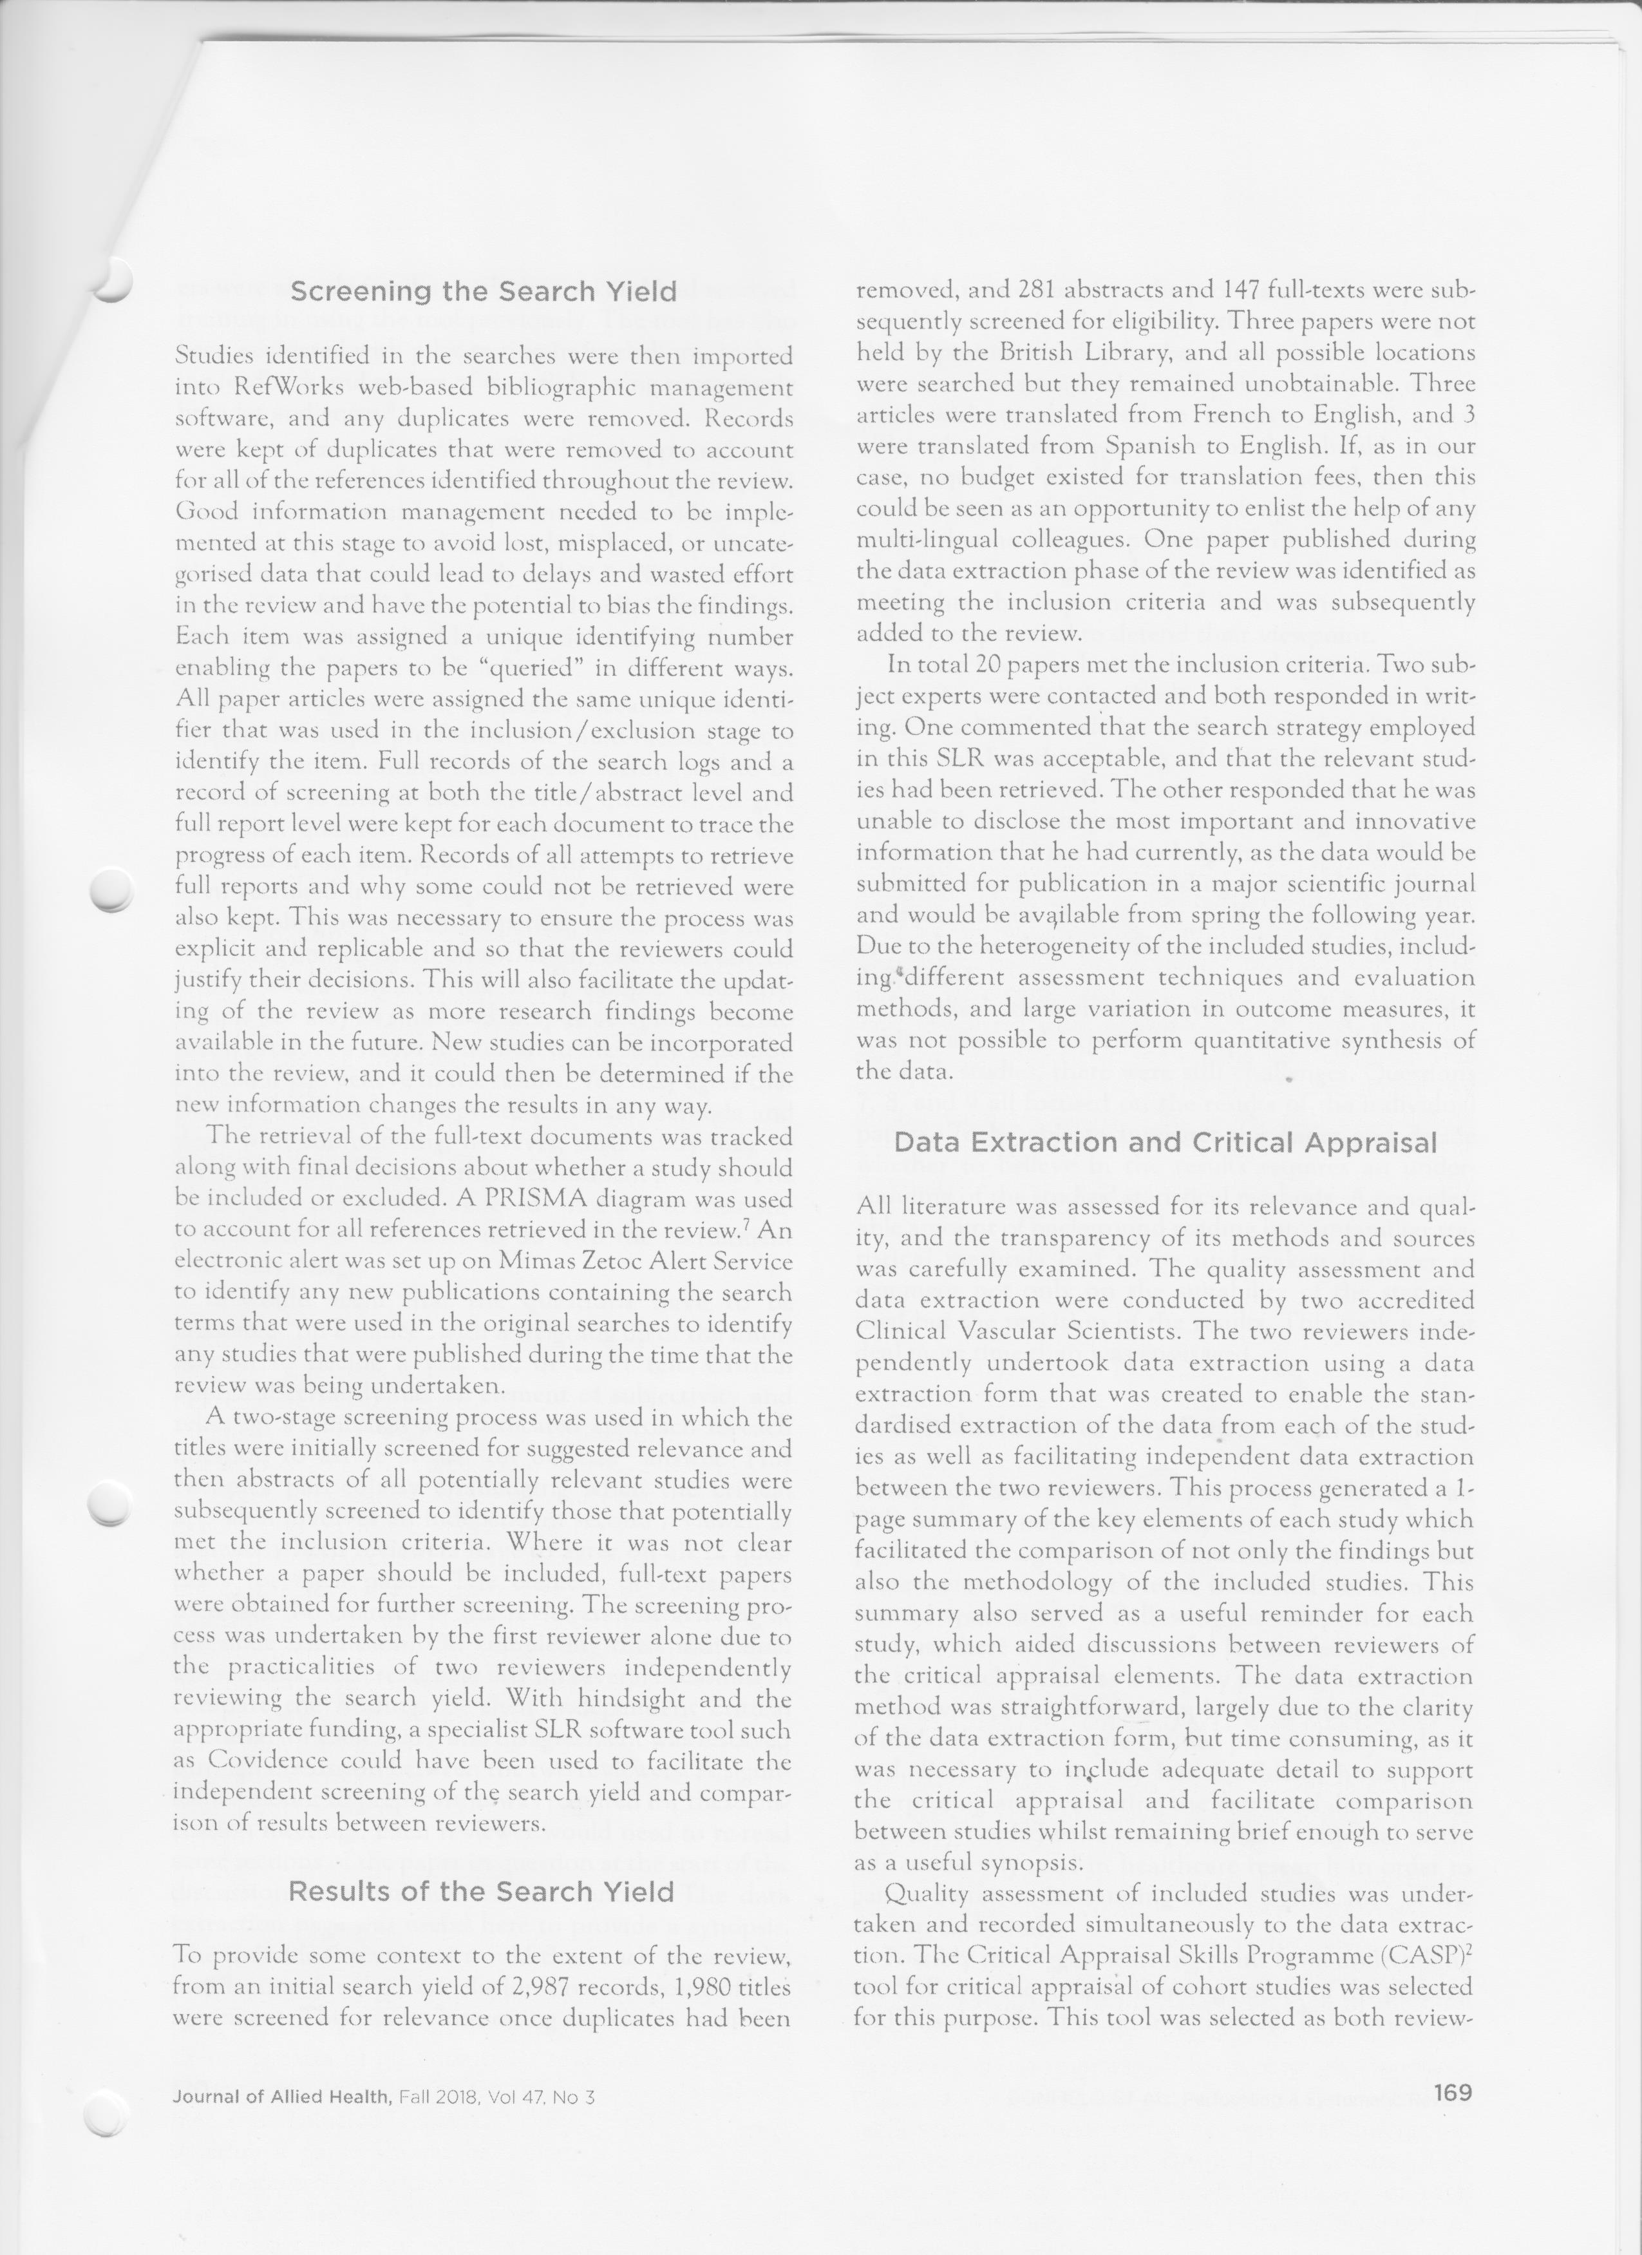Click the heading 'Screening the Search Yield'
tap(483, 291)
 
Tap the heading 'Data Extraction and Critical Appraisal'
tap(1165, 1143)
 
